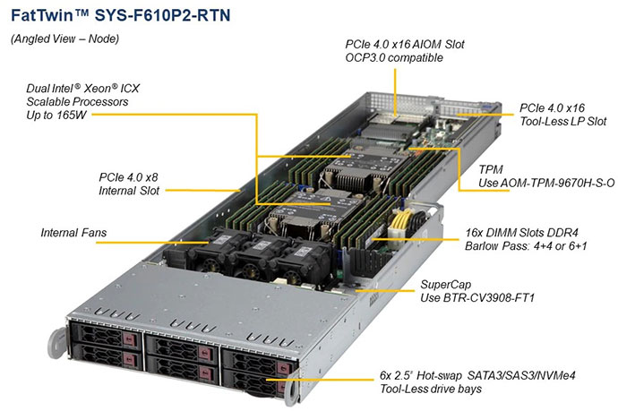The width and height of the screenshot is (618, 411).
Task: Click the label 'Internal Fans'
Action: tap(73, 234)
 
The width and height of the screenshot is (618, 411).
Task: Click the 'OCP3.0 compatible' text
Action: tap(395, 58)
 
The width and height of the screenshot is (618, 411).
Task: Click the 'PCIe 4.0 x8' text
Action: tap(133, 176)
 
